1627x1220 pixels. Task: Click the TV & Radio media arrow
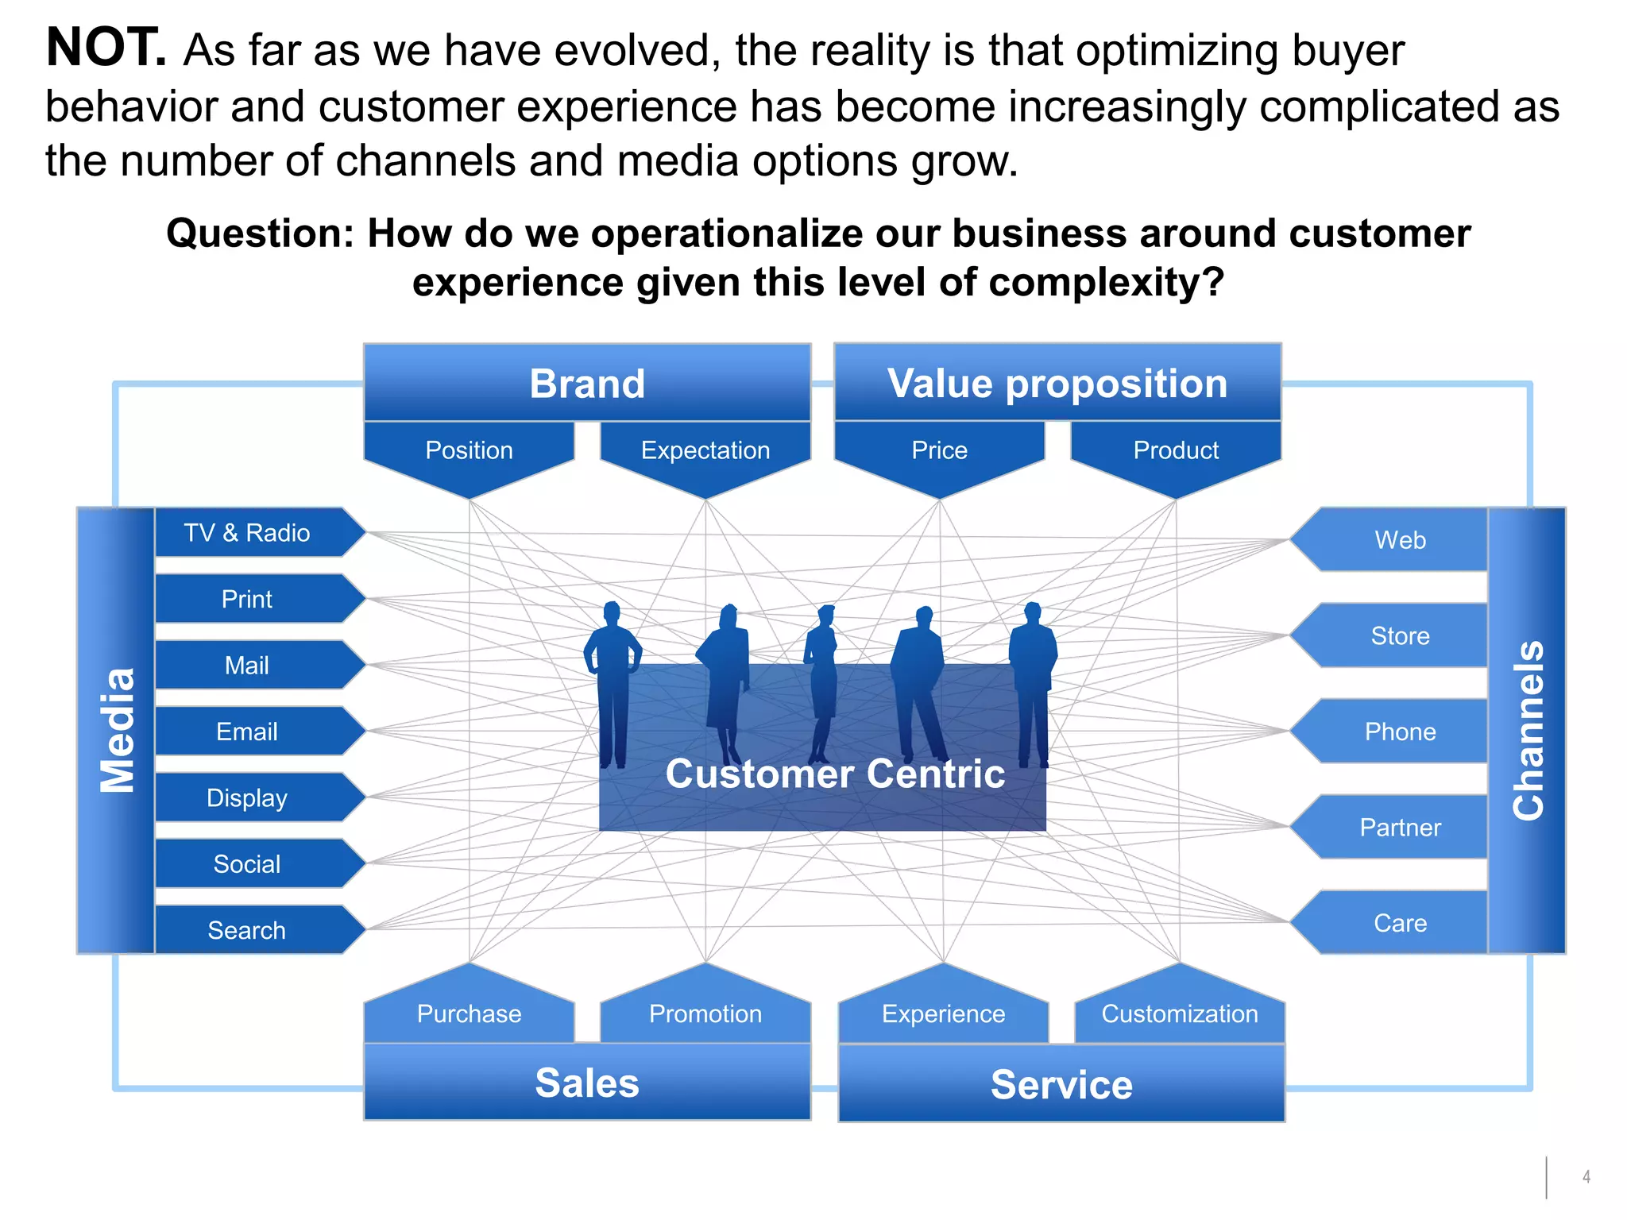[x=248, y=533]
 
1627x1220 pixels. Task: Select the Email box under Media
[x=248, y=732]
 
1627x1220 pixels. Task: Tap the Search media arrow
[x=248, y=930]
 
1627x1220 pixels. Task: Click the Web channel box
[x=1400, y=540]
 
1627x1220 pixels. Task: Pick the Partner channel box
[x=1400, y=828]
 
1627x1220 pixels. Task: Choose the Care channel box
[x=1400, y=923]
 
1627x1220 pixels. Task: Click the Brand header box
[x=587, y=384]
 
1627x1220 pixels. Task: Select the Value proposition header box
[x=1057, y=384]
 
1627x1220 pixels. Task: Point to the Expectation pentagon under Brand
[x=705, y=452]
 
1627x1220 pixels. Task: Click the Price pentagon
[x=940, y=452]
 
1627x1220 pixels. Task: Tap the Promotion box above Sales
[x=705, y=1013]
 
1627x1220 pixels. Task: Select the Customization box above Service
[x=1180, y=1013]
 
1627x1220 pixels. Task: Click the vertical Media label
[x=117, y=731]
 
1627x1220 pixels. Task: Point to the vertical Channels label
[x=1528, y=731]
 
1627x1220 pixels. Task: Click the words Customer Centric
[x=835, y=774]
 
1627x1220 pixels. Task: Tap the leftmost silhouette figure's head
[x=611, y=612]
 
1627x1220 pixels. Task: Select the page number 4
[x=1586, y=1177]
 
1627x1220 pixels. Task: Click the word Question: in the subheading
[x=260, y=234]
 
